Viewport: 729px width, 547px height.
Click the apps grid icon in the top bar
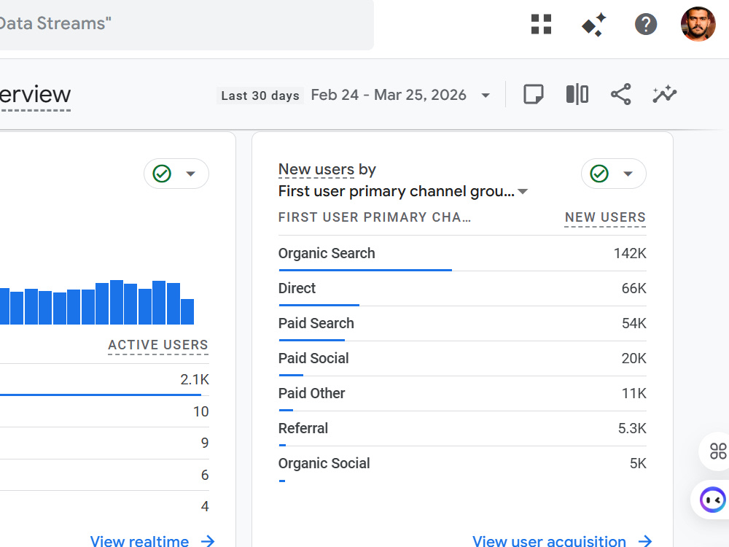click(x=541, y=24)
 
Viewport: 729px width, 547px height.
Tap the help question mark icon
click(x=646, y=24)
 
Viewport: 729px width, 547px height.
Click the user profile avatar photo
click(x=698, y=24)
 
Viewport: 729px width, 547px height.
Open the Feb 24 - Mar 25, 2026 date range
click(x=389, y=95)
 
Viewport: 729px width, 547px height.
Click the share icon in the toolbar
click(x=620, y=94)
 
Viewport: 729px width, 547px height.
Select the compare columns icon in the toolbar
click(x=577, y=94)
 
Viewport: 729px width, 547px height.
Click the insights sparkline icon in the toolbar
click(x=664, y=94)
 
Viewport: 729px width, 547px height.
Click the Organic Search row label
click(x=327, y=253)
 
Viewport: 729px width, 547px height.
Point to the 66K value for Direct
click(x=634, y=288)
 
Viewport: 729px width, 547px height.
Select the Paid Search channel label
click(x=316, y=323)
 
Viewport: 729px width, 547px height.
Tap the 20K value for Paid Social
click(x=634, y=358)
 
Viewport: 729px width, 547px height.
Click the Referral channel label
click(x=303, y=428)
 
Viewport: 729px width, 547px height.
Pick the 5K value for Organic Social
click(x=638, y=463)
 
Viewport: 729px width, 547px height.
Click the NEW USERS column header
click(x=605, y=217)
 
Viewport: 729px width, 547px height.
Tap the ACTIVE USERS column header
click(x=158, y=345)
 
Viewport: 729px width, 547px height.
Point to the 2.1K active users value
click(x=195, y=379)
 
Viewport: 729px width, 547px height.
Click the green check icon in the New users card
click(x=599, y=174)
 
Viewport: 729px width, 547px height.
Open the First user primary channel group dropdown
click(x=403, y=191)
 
